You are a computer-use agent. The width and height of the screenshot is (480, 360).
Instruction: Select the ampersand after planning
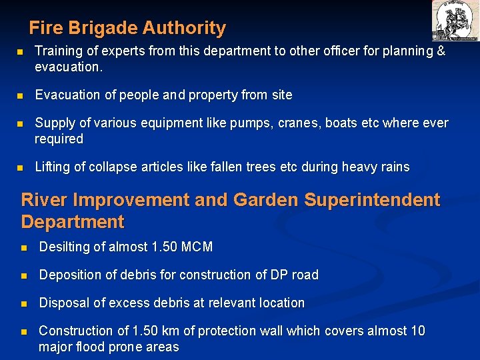coord(440,51)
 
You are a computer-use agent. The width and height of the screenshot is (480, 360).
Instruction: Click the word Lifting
coord(53,167)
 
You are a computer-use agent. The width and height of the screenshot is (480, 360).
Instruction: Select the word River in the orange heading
coord(44,200)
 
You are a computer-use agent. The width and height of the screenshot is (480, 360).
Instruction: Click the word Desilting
coord(67,247)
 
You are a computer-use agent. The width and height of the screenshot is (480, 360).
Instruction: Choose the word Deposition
coord(72,275)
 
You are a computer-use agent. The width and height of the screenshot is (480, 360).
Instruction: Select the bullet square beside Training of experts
coord(21,52)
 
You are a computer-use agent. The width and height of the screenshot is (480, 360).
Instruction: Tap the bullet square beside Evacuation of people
coord(21,96)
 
